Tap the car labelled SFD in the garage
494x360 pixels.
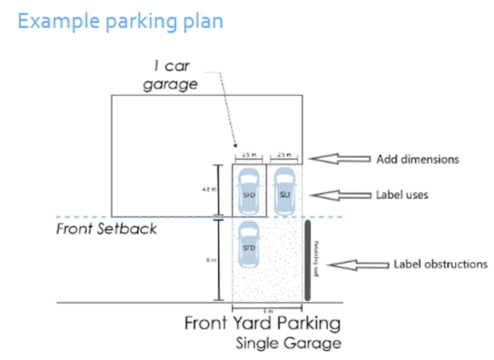pyautogui.click(x=249, y=191)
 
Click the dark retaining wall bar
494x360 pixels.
pyautogui.click(x=308, y=258)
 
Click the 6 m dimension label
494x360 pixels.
pyautogui.click(x=206, y=259)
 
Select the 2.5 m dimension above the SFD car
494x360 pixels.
pyautogui.click(x=249, y=154)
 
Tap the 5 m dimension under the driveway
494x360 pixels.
pyautogui.click(x=267, y=311)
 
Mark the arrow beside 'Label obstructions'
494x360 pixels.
pyautogui.click(x=359, y=265)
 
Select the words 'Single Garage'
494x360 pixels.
pyautogui.click(x=289, y=343)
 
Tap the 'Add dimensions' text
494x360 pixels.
pyautogui.click(x=417, y=159)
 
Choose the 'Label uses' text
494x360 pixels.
pyautogui.click(x=404, y=194)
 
